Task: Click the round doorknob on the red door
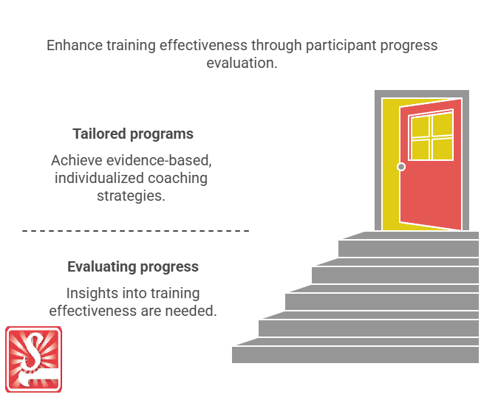click(x=401, y=167)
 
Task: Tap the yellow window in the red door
click(x=432, y=137)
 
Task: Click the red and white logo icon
click(x=33, y=359)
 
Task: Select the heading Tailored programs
click(x=133, y=134)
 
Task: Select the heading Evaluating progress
click(x=133, y=267)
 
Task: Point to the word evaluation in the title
click(x=241, y=63)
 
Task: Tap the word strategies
click(x=131, y=196)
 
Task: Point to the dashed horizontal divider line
click(x=135, y=231)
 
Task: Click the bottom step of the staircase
click(x=355, y=354)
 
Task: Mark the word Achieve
click(x=77, y=161)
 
